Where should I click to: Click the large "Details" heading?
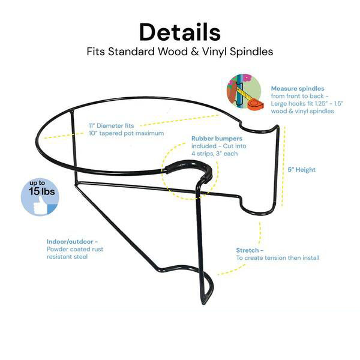[x=179, y=31]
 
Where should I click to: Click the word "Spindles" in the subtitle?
[x=248, y=52]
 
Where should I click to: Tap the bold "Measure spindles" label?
[x=298, y=88]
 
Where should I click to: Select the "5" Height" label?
[x=302, y=170]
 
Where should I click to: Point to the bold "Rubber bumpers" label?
[x=217, y=139]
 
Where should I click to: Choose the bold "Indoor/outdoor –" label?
[x=73, y=242]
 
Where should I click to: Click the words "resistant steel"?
[x=67, y=257]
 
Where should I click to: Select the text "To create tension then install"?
[x=277, y=258]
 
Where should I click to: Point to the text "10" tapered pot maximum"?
[x=126, y=133]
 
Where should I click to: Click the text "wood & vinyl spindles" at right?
[x=304, y=112]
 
